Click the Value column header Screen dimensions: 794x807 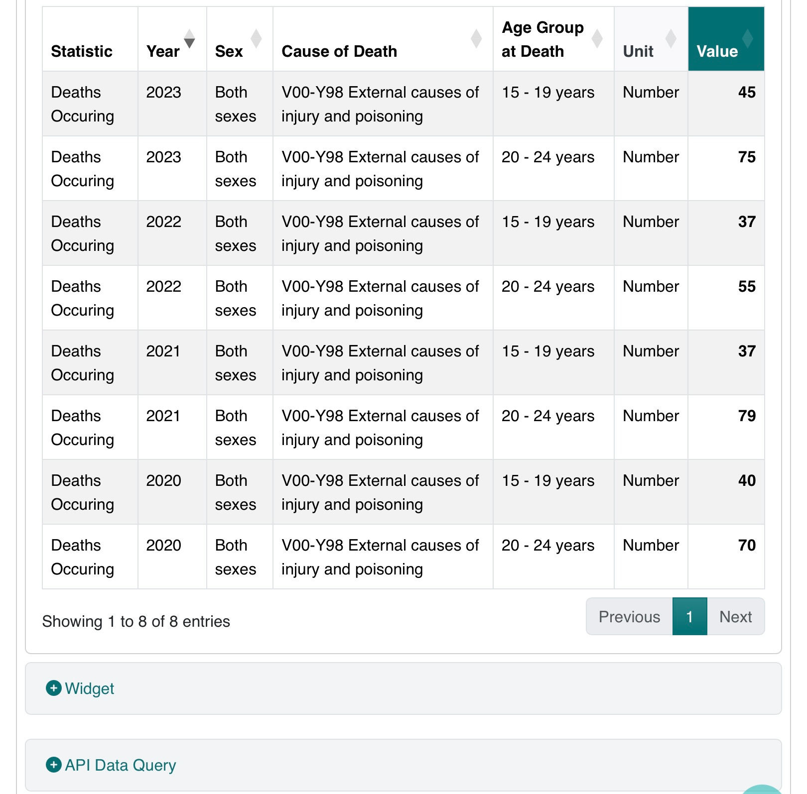click(717, 51)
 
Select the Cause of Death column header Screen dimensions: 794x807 click(339, 51)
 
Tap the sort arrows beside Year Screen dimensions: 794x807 click(189, 38)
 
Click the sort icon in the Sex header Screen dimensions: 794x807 click(256, 38)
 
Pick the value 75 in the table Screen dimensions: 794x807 click(746, 157)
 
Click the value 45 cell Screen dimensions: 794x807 click(746, 93)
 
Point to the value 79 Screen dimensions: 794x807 click(746, 416)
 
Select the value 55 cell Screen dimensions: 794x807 click(746, 287)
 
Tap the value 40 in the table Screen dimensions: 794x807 click(746, 481)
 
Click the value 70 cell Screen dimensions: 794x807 click(746, 546)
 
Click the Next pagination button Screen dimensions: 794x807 click(735, 617)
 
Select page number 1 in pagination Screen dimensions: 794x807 click(689, 617)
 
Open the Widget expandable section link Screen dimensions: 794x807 click(90, 688)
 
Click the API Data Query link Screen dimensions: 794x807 click(121, 765)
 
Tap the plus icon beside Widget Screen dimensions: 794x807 click(54, 688)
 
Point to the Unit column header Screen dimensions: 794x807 click(638, 51)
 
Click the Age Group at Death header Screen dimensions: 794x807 click(542, 39)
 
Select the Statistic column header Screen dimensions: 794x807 click(82, 51)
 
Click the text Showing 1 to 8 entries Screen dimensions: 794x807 click(136, 622)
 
